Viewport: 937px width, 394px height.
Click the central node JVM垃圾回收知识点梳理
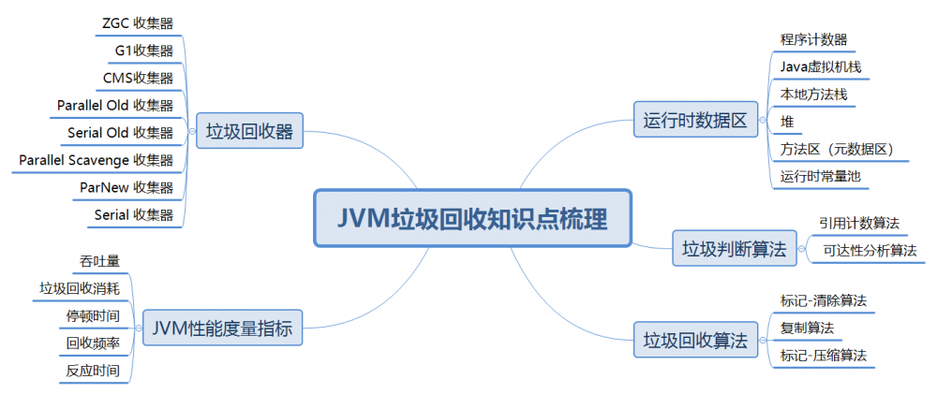pyautogui.click(x=472, y=219)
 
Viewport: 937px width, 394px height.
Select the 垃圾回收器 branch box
pyautogui.click(x=249, y=132)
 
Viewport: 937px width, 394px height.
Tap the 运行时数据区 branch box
pyautogui.click(x=694, y=121)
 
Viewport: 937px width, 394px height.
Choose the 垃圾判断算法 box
pyautogui.click(x=734, y=249)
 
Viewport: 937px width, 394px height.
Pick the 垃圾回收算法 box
pyautogui.click(x=694, y=339)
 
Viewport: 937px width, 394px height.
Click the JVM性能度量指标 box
pyautogui.click(x=223, y=328)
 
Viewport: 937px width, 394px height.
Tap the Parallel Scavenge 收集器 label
pyautogui.click(x=97, y=160)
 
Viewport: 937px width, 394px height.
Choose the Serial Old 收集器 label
pyautogui.click(x=120, y=132)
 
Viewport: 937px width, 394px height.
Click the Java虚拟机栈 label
pyautogui.click(x=820, y=67)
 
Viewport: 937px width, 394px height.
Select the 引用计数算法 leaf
pyautogui.click(x=858, y=223)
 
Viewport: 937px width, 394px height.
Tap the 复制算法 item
pyautogui.click(x=807, y=328)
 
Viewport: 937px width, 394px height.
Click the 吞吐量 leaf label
pyautogui.click(x=100, y=260)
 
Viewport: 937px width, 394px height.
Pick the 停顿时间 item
pyautogui.click(x=92, y=315)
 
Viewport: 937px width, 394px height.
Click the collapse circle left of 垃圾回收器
pyautogui.click(x=192, y=132)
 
